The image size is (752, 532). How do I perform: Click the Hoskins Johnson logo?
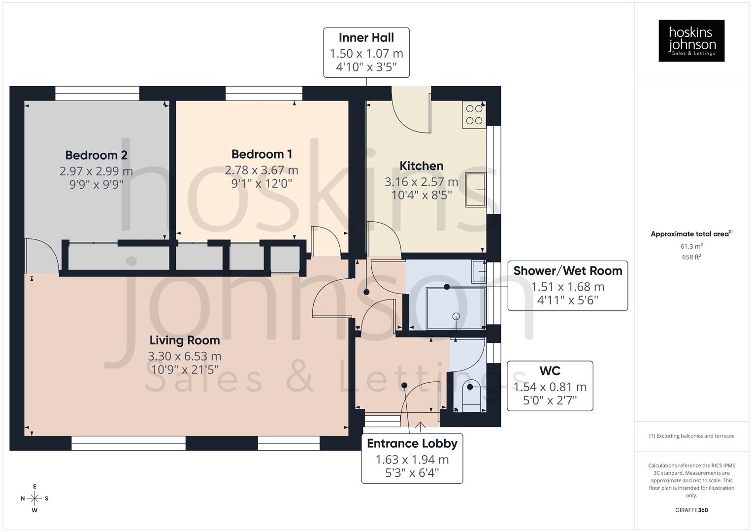pyautogui.click(x=691, y=40)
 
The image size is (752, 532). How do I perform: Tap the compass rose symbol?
pyautogui.click(x=34, y=499)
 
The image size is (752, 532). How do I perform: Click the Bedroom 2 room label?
pyautogui.click(x=96, y=155)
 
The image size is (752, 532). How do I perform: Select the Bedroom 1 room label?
pyautogui.click(x=262, y=154)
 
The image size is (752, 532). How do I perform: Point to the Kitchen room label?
pyautogui.click(x=421, y=166)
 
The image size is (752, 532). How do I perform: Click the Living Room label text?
pyautogui.click(x=185, y=340)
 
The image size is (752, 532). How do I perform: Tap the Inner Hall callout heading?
pyautogui.click(x=366, y=37)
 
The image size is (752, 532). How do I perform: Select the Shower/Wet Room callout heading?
pyautogui.click(x=567, y=271)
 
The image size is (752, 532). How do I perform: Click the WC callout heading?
pyautogui.click(x=550, y=371)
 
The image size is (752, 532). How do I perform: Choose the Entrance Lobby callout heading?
pyautogui.click(x=412, y=443)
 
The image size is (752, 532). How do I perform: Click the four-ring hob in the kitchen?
pyautogui.click(x=474, y=115)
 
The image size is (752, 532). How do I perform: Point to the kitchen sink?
pyautogui.click(x=475, y=190)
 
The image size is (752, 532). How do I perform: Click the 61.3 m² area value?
pyautogui.click(x=691, y=246)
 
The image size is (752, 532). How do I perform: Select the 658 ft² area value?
pyautogui.click(x=691, y=257)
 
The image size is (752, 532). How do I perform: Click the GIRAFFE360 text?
pyautogui.click(x=691, y=510)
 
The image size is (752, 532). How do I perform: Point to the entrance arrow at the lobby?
pyautogui.click(x=421, y=425)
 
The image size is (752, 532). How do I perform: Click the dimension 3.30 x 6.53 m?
pyautogui.click(x=185, y=356)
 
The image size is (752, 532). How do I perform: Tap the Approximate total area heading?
pyautogui.click(x=691, y=234)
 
